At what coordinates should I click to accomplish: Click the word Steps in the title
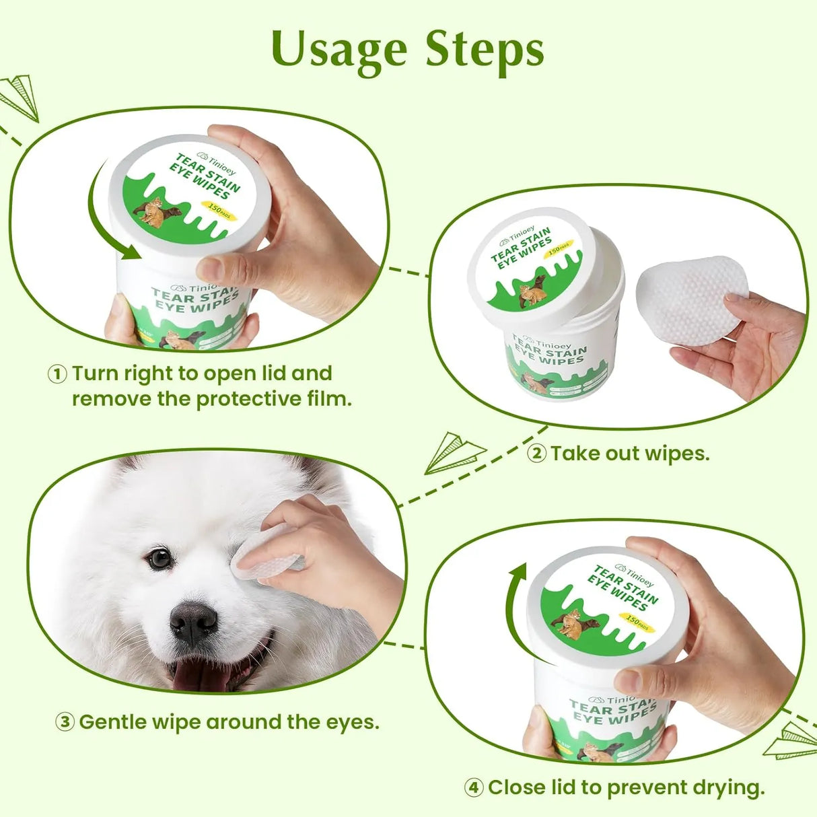coord(485,50)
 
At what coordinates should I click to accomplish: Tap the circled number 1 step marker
coord(57,374)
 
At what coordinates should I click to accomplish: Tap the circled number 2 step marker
coord(536,454)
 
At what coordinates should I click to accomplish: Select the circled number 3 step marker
coord(64,723)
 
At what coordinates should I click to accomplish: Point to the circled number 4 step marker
coord(474,787)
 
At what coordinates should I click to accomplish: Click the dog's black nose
coord(194,620)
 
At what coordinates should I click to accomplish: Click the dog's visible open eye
coord(159,558)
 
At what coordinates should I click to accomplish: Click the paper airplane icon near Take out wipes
coord(454,452)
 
